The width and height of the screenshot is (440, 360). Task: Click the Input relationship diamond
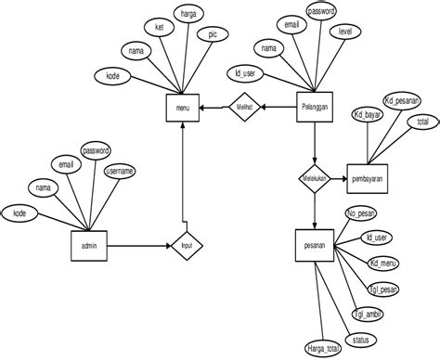point(187,246)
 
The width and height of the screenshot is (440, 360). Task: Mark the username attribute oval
point(120,172)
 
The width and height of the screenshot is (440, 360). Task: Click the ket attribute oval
point(159,27)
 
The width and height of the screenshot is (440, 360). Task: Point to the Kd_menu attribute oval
point(383,264)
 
